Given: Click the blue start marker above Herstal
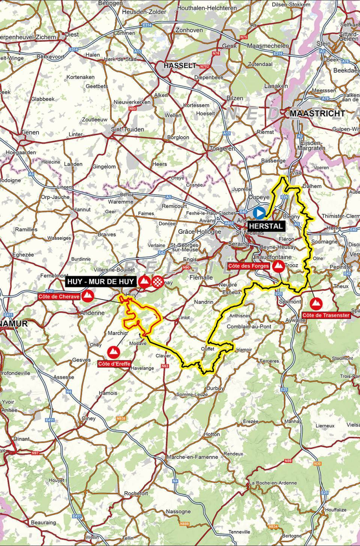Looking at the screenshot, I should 259,213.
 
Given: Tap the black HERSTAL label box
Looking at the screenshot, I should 266,226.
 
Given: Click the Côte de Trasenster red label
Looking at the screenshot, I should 326,315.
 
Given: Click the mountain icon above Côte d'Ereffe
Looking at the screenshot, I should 113,352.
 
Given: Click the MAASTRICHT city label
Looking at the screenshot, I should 317,113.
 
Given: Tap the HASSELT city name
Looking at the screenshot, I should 180,65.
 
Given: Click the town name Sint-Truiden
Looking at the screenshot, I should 127,129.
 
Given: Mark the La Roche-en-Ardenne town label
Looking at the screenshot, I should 273,483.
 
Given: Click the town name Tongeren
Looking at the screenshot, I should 222,149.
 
